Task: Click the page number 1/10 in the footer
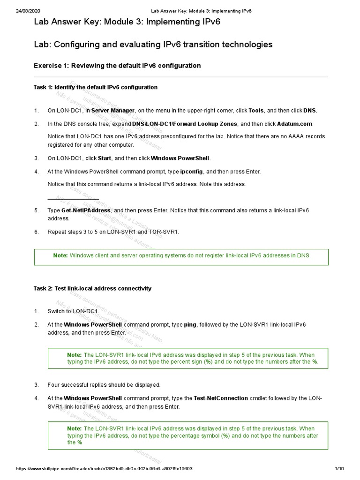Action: point(339,469)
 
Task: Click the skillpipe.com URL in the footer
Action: point(105,469)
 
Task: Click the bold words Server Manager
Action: point(113,111)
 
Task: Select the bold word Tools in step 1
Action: point(256,111)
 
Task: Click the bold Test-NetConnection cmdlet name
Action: point(221,398)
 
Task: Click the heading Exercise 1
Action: point(117,66)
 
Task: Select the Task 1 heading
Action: point(96,87)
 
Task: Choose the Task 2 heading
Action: point(92,288)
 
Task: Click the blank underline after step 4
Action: point(73,198)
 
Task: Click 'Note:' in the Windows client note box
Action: point(60,255)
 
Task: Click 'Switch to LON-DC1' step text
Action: point(73,311)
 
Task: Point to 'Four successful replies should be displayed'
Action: point(104,385)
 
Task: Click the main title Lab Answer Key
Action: point(127,22)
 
